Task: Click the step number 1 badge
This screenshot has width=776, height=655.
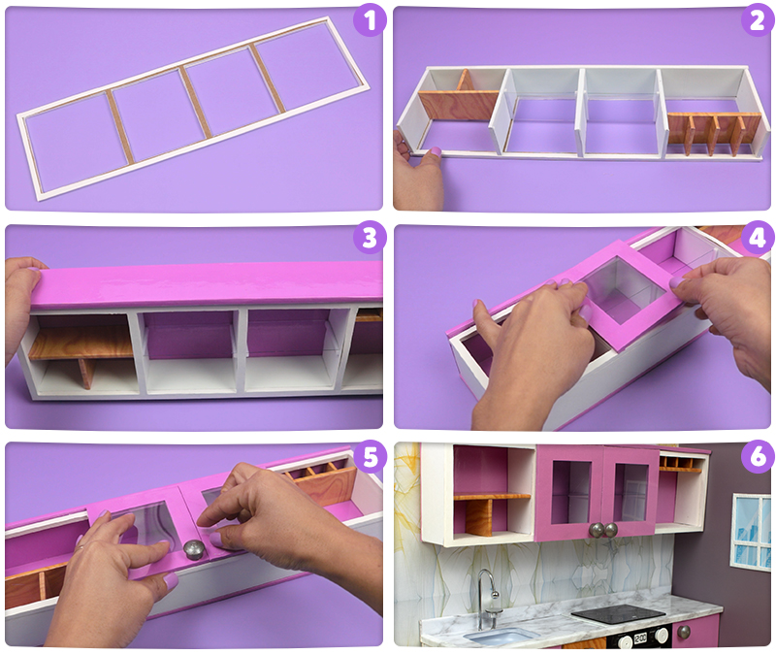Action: point(370,20)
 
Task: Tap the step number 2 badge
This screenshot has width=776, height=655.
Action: point(758,20)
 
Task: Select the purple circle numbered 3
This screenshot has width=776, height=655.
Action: point(370,238)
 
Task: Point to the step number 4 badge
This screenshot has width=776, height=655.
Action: point(758,238)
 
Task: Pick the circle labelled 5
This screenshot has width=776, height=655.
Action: point(370,456)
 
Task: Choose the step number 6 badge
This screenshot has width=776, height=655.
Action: point(758,456)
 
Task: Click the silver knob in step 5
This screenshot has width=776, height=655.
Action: point(193,549)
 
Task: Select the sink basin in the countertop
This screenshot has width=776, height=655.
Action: point(497,636)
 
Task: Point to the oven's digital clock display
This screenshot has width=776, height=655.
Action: point(640,638)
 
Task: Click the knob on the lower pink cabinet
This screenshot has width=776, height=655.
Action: point(684,633)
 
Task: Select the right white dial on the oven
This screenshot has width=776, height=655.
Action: point(661,635)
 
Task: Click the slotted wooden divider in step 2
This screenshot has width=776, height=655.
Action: point(714,133)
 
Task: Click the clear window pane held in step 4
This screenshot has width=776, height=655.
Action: point(625,290)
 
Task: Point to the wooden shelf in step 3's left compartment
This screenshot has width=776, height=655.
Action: point(81,342)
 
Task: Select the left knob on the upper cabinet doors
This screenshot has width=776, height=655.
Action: point(596,530)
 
